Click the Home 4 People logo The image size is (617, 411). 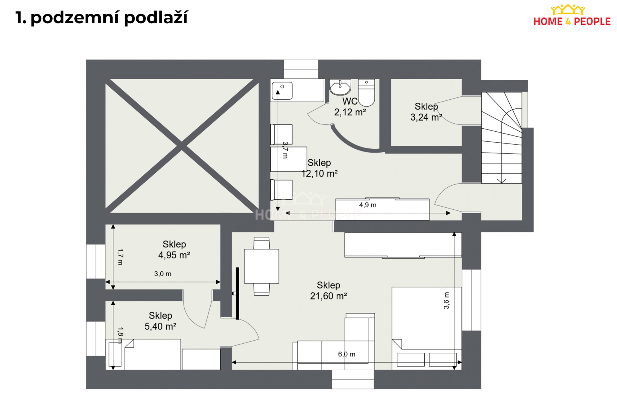572,16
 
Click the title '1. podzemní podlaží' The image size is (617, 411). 101,18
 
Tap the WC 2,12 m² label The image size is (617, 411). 350,107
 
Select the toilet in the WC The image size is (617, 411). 366,92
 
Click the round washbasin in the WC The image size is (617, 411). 340,87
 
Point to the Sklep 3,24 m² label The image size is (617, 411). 426,112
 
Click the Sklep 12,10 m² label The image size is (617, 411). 319,168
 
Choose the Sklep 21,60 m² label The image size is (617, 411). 328,290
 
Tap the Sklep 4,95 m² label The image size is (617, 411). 174,250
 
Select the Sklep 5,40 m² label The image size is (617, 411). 160,321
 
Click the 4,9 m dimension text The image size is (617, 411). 368,205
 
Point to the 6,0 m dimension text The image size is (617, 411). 347,354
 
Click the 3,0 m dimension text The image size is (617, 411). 163,274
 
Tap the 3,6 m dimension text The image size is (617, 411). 446,301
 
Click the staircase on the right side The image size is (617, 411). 501,138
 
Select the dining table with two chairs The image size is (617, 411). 261,266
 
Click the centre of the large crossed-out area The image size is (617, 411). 182,146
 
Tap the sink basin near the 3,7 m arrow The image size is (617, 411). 282,91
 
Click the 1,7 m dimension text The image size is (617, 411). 120,257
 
